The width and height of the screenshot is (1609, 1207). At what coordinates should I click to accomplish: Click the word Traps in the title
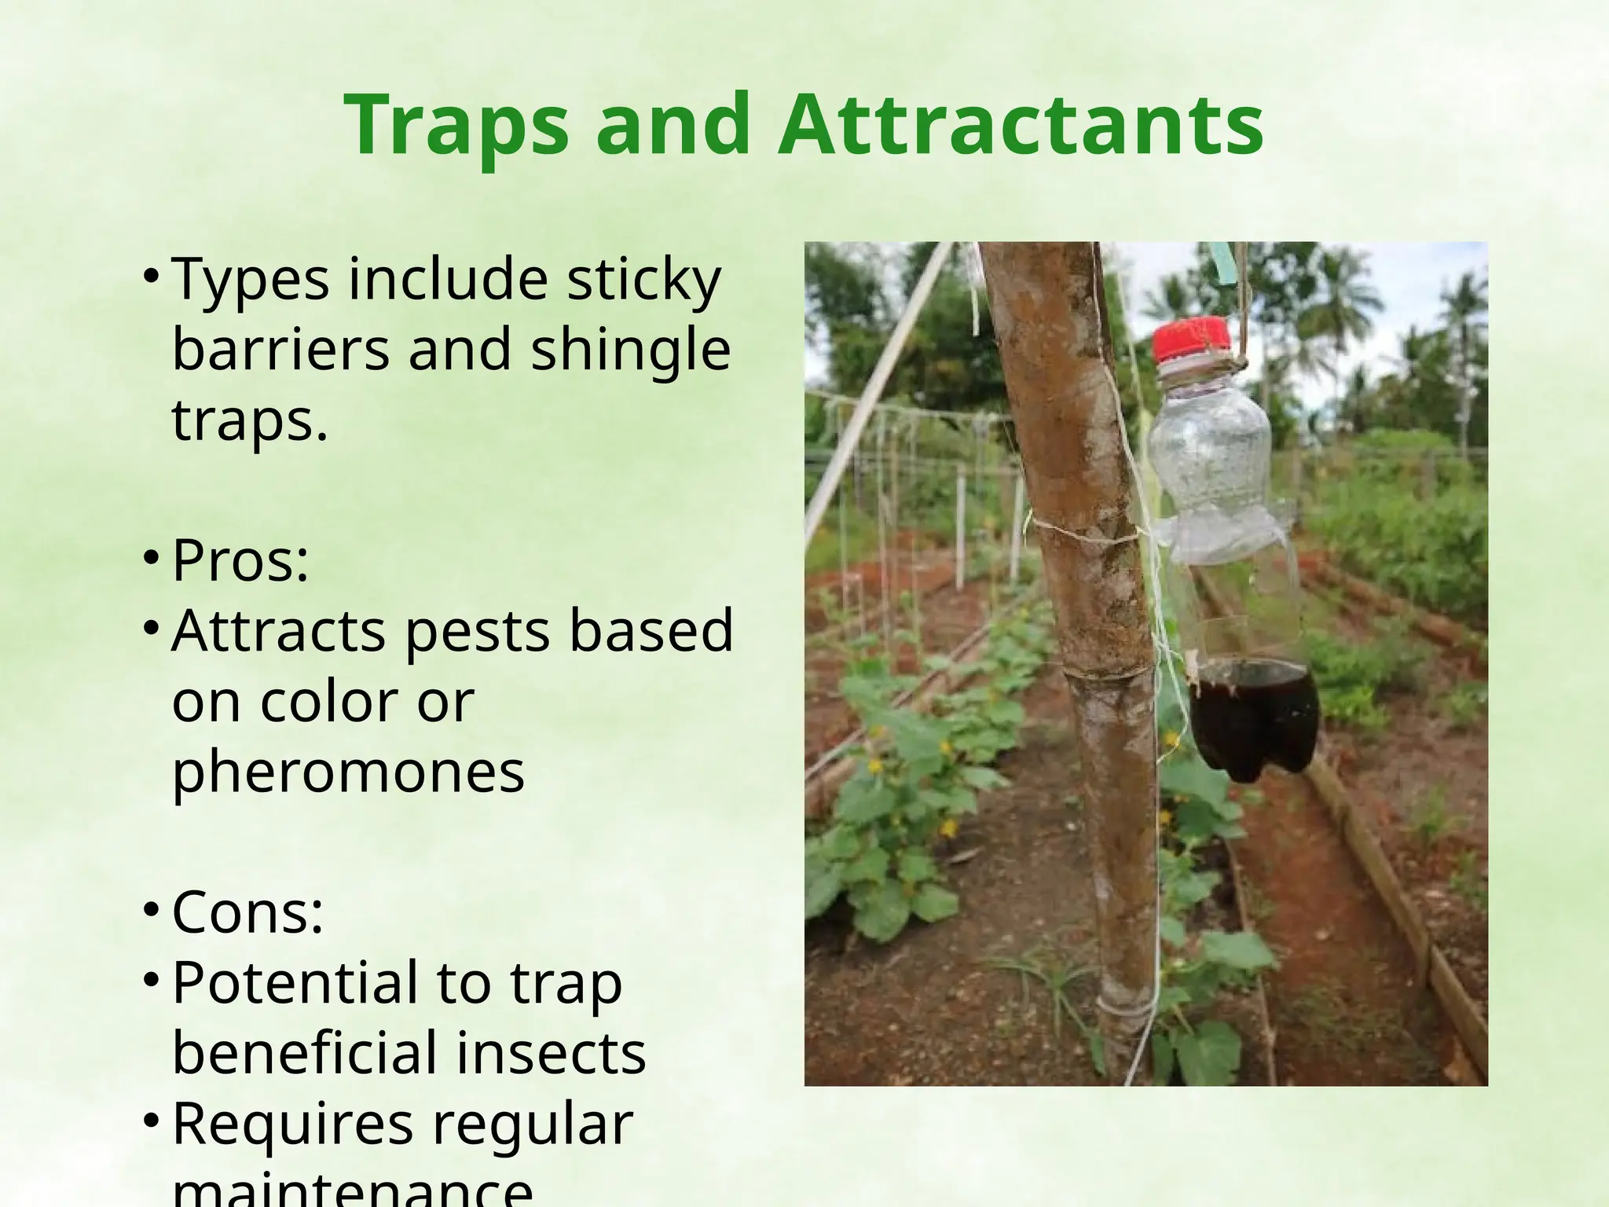coord(456,126)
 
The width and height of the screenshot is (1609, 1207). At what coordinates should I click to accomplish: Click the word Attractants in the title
coord(1020,126)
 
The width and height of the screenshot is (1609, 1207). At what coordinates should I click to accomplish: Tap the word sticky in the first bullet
coord(643,280)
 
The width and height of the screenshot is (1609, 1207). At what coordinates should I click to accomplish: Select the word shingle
coord(630,350)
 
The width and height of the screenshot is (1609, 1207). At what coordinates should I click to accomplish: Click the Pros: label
coord(240,561)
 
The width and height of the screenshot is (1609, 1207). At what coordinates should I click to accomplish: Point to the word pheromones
coord(348,772)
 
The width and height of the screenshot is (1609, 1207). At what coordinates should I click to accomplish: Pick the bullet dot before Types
coord(152,277)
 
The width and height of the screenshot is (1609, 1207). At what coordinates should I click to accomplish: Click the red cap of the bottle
coord(1191,339)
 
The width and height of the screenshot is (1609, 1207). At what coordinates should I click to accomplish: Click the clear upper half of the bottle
coord(1210,456)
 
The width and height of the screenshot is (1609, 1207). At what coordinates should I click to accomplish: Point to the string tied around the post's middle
coord(1084,534)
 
